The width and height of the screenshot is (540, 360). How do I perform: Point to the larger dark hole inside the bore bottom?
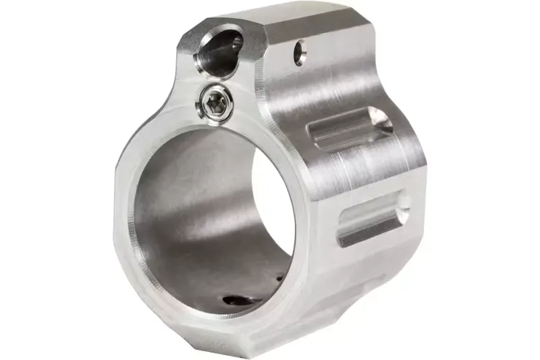[x=236, y=301]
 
